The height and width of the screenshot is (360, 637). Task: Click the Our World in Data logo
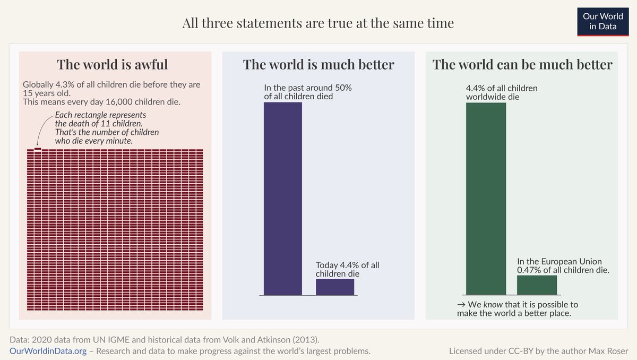(602, 21)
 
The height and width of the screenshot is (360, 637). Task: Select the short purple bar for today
(334, 287)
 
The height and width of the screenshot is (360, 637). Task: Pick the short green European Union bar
(537, 285)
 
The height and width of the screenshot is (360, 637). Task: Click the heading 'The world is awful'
(112, 65)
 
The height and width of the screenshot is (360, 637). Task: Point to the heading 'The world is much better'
(318, 65)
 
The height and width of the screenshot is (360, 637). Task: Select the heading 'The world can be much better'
(522, 65)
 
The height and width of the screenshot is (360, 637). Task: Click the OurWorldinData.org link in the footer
(48, 351)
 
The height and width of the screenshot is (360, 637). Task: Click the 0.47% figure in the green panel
(529, 270)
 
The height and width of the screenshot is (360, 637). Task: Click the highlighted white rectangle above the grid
(38, 149)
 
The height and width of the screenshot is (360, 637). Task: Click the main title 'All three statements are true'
(318, 23)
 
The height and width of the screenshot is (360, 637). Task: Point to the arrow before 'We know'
(461, 305)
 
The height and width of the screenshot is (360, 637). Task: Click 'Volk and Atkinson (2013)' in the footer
(284, 339)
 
